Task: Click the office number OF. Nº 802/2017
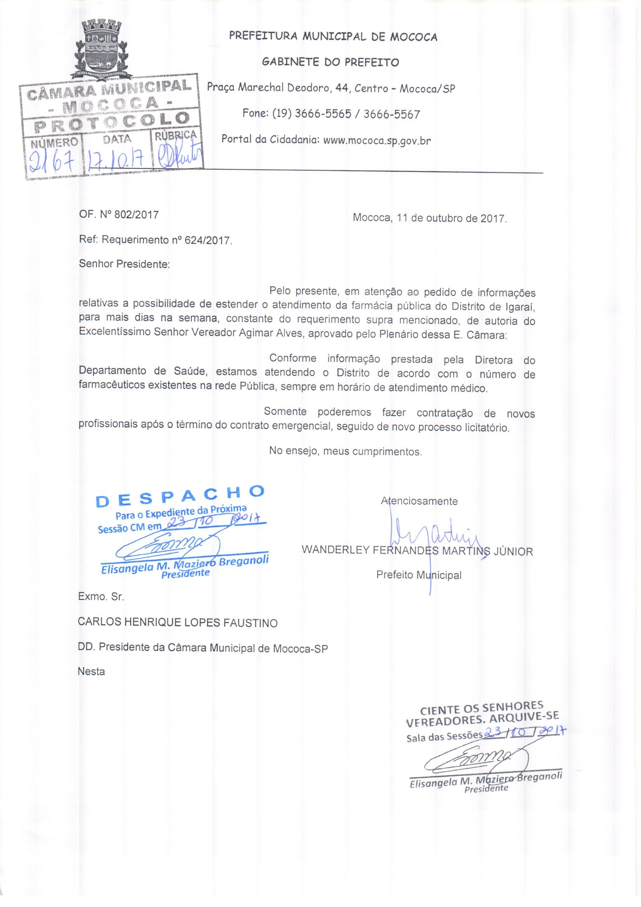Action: click(119, 215)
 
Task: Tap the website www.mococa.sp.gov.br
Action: click(377, 140)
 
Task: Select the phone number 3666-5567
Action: click(391, 114)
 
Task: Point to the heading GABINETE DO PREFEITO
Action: click(330, 62)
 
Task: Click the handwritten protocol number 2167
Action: click(52, 160)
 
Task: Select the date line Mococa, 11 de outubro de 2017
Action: click(429, 218)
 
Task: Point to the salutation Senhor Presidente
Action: click(124, 264)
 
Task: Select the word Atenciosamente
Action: click(419, 501)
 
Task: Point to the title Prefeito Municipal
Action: click(419, 575)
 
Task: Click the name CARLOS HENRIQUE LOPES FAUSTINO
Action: click(178, 623)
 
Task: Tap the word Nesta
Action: click(92, 672)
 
